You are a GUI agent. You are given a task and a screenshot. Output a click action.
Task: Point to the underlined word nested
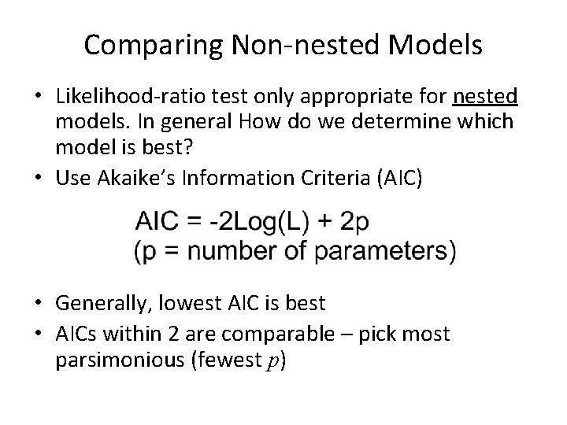pyautogui.click(x=485, y=98)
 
